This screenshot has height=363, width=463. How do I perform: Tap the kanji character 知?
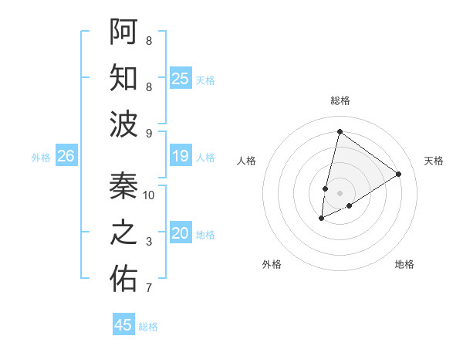coord(123,78)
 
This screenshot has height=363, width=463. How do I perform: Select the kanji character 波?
coord(123,124)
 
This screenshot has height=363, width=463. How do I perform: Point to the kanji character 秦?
coord(123,185)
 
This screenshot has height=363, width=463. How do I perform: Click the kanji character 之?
coord(123,232)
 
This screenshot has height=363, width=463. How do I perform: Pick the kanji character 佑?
coord(123,279)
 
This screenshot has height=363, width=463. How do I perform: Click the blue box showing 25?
coord(181,78)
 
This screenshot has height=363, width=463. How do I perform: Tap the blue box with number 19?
coord(181,156)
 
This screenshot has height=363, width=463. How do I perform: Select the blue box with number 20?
coord(181,233)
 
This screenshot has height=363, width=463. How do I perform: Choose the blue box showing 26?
coord(66,156)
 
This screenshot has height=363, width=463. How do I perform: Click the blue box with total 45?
coord(123,325)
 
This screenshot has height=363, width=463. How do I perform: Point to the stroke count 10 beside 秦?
coord(149,195)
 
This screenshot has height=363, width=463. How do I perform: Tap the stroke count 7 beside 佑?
coord(149,289)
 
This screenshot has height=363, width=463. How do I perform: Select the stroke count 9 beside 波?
coord(149,134)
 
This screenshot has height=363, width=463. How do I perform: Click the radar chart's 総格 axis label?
coord(340,100)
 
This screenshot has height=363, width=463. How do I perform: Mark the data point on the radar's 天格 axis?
coord(399,174)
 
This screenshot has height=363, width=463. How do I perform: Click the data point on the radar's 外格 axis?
coord(322,219)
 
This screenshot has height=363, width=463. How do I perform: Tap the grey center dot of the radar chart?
coord(340,192)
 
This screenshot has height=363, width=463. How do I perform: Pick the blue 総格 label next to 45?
coord(148,327)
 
